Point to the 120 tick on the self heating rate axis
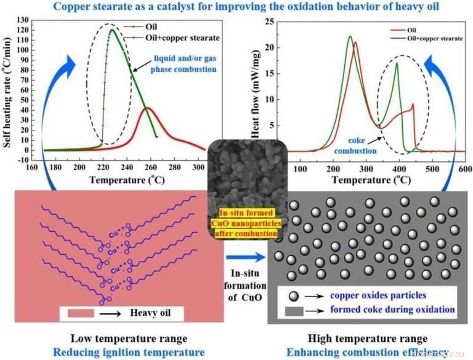click(33, 29)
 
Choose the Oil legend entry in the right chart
click(415, 29)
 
